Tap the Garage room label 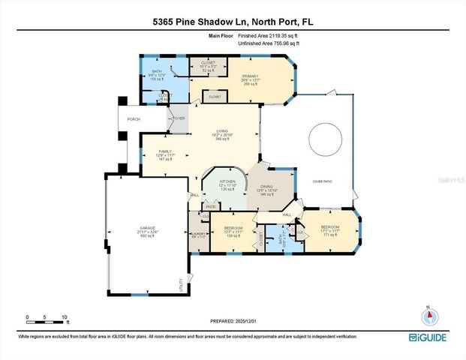[146, 229]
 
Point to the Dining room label [268, 187]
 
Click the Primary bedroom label [250, 76]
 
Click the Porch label [134, 118]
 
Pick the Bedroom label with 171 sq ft [330, 228]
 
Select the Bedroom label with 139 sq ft [235, 228]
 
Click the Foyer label [179, 118]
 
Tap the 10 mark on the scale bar [65, 317]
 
